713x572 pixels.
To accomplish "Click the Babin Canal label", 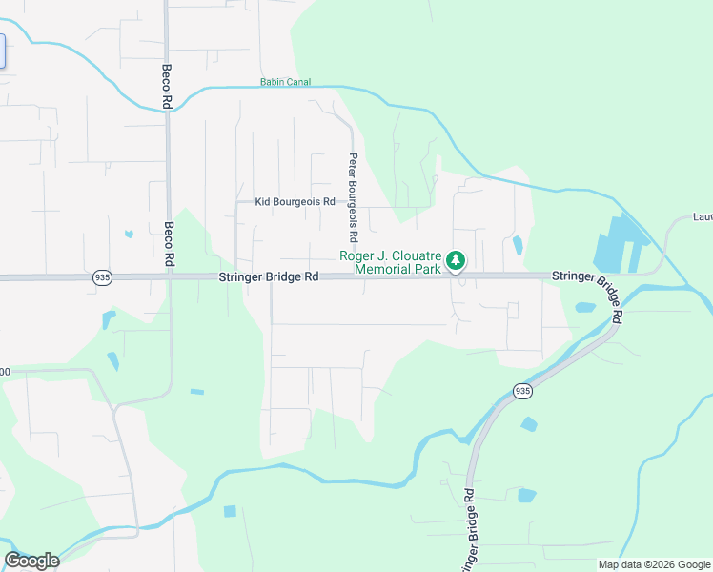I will [285, 83].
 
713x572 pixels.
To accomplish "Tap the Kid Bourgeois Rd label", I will [295, 202].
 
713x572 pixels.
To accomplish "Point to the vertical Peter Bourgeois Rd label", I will [353, 196].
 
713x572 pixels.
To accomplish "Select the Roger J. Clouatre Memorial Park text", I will [390, 263].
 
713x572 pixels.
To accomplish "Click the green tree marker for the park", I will [457, 260].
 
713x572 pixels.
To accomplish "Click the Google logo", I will [31, 561].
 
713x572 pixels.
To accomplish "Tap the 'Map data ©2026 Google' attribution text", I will [654, 564].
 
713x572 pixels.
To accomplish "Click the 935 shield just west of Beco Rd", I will [103, 277].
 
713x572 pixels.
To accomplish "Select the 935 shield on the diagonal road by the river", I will [522, 391].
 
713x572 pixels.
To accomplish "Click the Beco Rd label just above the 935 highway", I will [169, 244].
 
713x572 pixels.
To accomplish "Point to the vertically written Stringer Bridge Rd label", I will [470, 530].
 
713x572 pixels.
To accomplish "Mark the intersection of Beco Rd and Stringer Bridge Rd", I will [169, 277].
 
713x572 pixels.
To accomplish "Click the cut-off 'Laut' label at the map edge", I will [703, 216].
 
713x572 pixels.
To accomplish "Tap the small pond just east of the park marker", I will [518, 245].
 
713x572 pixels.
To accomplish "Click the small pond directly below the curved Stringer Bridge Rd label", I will [585, 308].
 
